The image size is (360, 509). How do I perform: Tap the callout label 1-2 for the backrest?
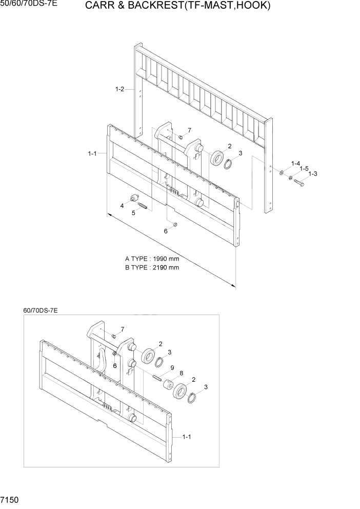(119, 90)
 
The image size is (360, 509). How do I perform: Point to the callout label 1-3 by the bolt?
(313, 174)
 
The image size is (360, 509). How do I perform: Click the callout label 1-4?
(295, 163)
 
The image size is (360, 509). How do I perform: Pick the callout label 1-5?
(304, 168)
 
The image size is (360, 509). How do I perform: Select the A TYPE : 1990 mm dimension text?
(152, 259)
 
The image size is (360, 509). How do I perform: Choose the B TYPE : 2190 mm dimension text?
(152, 267)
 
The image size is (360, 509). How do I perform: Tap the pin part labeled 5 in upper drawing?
(143, 207)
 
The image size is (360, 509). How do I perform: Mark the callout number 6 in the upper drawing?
(166, 231)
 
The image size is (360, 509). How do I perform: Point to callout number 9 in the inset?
(173, 367)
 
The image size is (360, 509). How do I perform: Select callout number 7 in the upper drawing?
(189, 130)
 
